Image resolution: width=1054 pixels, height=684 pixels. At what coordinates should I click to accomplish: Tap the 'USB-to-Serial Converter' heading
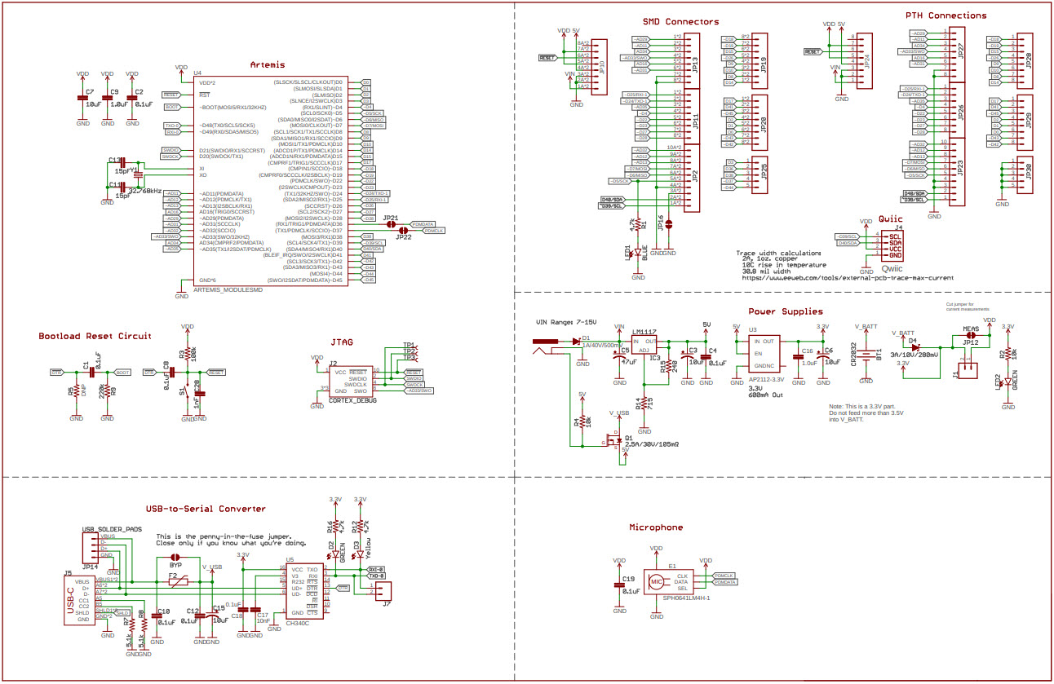click(x=205, y=509)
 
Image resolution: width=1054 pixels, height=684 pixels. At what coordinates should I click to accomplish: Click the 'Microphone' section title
click(x=656, y=527)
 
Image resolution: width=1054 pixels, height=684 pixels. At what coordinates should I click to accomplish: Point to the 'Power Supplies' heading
click(x=786, y=311)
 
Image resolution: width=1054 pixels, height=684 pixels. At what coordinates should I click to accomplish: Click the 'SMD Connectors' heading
click(x=681, y=22)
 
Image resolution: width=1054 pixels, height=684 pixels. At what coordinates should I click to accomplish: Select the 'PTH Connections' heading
click(x=945, y=15)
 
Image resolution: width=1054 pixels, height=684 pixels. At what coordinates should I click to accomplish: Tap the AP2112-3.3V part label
click(x=768, y=381)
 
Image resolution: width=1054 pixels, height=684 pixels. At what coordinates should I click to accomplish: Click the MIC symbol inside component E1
click(x=655, y=582)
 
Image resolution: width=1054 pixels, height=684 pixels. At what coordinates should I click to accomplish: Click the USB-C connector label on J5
click(x=71, y=601)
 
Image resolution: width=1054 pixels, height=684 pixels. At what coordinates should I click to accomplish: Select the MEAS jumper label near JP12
click(x=970, y=329)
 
